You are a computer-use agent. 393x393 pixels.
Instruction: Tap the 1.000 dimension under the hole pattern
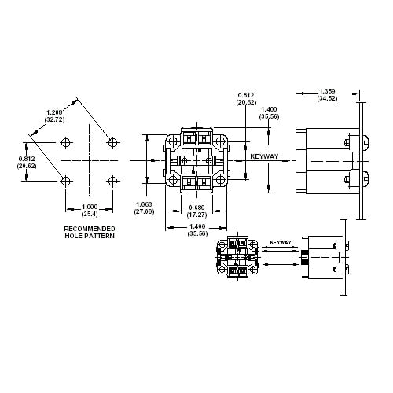pyautogui.click(x=89, y=207)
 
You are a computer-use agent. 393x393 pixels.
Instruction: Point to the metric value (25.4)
pyautogui.click(x=89, y=214)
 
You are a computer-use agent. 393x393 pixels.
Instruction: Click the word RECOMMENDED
pyautogui.click(x=89, y=228)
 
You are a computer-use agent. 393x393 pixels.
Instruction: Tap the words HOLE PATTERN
pyautogui.click(x=89, y=236)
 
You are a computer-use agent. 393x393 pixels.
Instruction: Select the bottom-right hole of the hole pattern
pyautogui.click(x=113, y=182)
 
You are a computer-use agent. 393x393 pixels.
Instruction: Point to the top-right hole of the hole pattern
pyautogui.click(x=113, y=141)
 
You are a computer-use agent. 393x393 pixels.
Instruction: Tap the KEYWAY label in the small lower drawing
pyautogui.click(x=281, y=243)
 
